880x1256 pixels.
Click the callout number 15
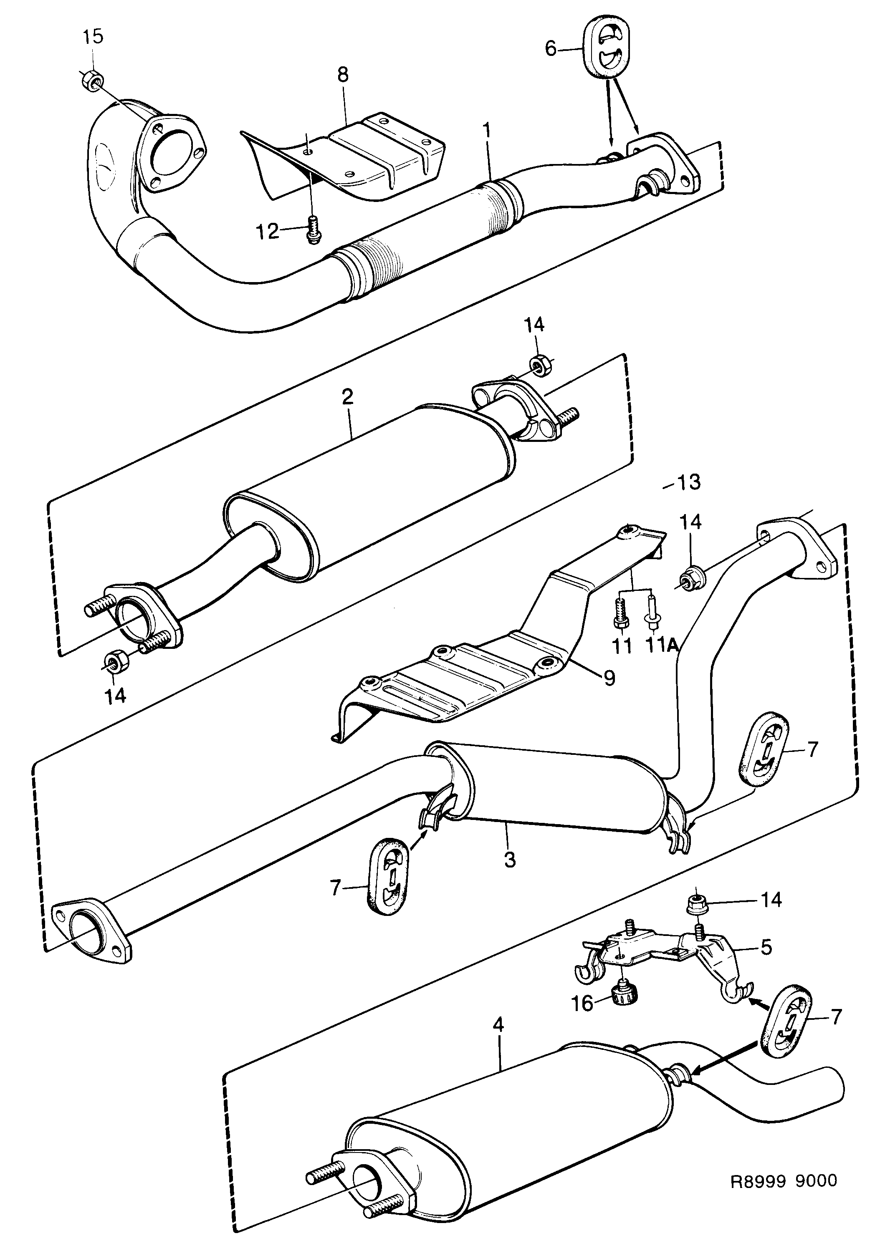[x=93, y=38]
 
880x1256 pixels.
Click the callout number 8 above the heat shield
[x=343, y=75]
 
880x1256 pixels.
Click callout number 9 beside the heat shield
[x=609, y=678]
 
